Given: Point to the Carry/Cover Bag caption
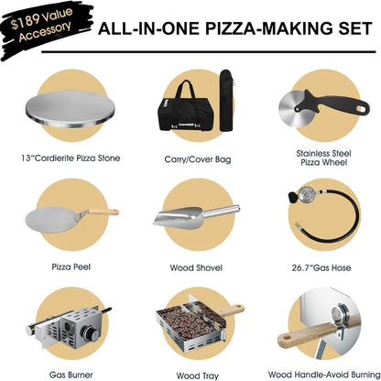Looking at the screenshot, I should coord(190,158).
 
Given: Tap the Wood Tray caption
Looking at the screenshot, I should coord(190,374).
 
